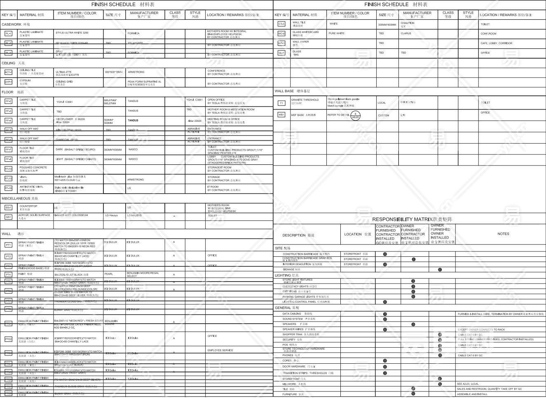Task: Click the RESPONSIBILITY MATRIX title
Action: [412, 220]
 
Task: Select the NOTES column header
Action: [503, 234]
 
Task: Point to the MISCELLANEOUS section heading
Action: [20, 199]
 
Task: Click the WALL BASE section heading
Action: [292, 91]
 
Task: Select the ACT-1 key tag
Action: [8, 72]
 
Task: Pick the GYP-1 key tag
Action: [8, 82]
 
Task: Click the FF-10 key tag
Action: [8, 169]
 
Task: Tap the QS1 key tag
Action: [8, 217]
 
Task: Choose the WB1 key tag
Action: [281, 115]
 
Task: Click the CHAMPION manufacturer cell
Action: [408, 24]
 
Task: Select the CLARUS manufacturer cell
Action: [406, 33]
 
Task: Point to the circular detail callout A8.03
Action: [355, 115]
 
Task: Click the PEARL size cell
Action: [109, 274]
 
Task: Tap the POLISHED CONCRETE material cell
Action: [33, 168]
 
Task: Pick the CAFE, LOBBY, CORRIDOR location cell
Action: [496, 43]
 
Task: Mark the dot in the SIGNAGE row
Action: [440, 270]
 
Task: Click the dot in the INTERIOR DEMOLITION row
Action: [385, 264]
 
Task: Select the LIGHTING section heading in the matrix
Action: [287, 275]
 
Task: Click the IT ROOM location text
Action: [213, 187]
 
